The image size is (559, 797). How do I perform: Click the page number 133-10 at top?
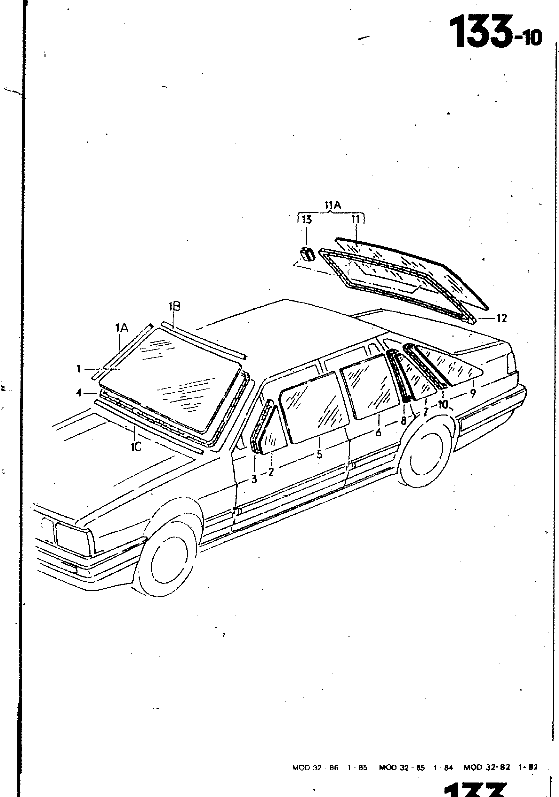tap(495, 32)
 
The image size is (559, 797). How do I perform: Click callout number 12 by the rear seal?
tap(501, 318)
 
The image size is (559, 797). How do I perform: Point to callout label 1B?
tap(174, 307)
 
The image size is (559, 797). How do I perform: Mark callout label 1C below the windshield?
tap(136, 447)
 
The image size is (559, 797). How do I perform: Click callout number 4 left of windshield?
tap(79, 392)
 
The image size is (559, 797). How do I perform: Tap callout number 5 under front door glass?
tap(319, 454)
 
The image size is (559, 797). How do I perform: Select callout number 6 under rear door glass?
tap(379, 432)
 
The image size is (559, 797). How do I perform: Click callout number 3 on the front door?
tap(254, 479)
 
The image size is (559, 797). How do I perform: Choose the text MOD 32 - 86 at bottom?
tap(315, 768)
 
